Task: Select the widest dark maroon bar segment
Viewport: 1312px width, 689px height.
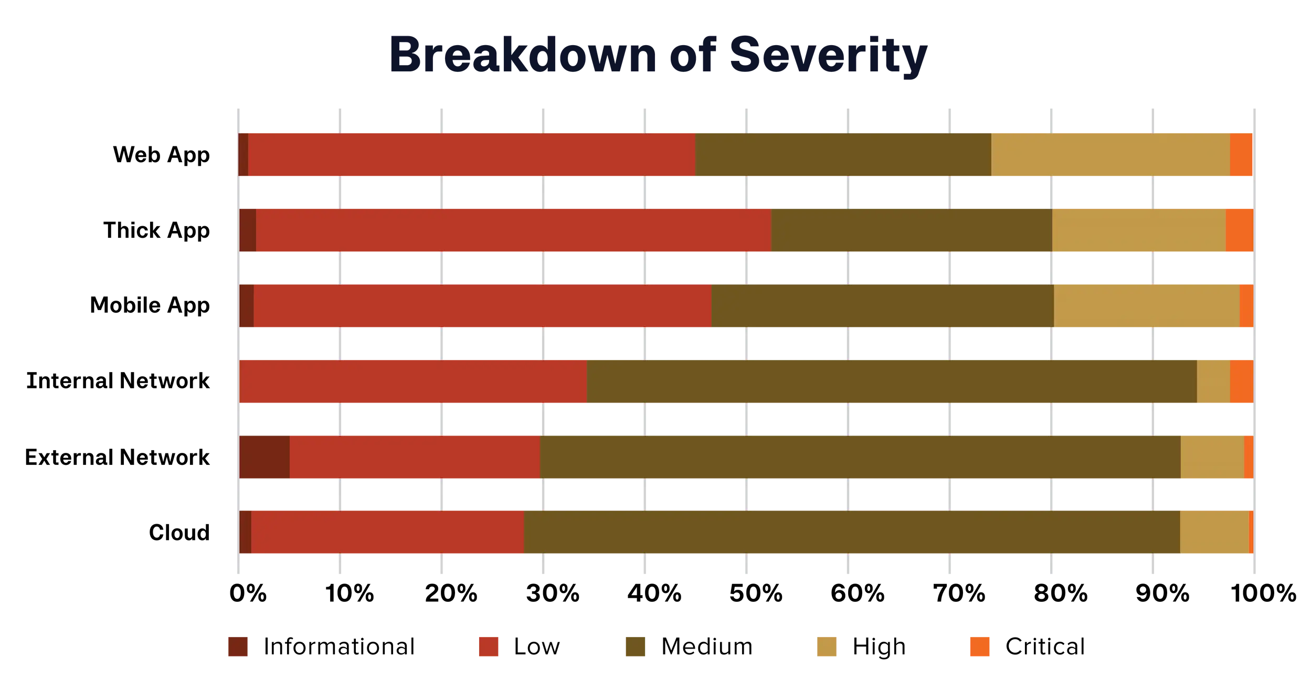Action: [x=264, y=457]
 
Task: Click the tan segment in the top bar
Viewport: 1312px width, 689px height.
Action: [x=1110, y=155]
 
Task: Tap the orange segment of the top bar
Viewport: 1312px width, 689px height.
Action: [x=1241, y=155]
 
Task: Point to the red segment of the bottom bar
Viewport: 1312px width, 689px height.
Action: [x=387, y=532]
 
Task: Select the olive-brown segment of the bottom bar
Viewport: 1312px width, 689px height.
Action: [x=851, y=532]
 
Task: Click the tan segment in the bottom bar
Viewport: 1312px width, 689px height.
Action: [x=1214, y=532]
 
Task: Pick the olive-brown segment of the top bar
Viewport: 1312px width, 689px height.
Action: [x=843, y=155]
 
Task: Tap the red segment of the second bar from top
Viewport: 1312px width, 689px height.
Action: [x=513, y=230]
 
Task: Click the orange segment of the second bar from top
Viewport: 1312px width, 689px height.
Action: [x=1239, y=230]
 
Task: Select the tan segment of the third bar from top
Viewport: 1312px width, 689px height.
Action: [x=1146, y=306]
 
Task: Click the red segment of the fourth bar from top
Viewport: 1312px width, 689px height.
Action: [x=413, y=381]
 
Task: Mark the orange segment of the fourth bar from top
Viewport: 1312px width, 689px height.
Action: [x=1241, y=381]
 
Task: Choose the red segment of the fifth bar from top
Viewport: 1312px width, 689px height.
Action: [x=415, y=457]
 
